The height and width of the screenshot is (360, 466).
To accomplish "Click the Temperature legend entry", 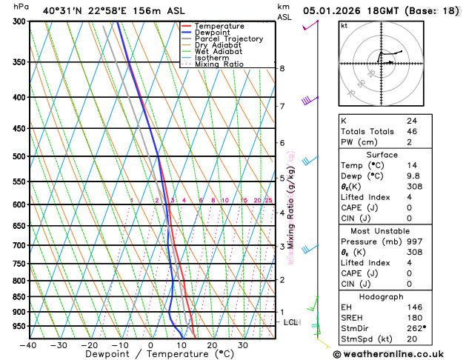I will click(220, 26).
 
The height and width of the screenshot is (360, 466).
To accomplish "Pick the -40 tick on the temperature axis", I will click(29, 345).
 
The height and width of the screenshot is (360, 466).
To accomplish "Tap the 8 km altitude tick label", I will click(282, 68).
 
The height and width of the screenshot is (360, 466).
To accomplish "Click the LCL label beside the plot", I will click(291, 322).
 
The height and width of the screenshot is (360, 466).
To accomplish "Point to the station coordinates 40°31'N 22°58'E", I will click(81, 11).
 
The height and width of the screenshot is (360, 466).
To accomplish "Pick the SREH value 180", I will click(413, 318).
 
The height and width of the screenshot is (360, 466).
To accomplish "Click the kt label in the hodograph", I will click(344, 25).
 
